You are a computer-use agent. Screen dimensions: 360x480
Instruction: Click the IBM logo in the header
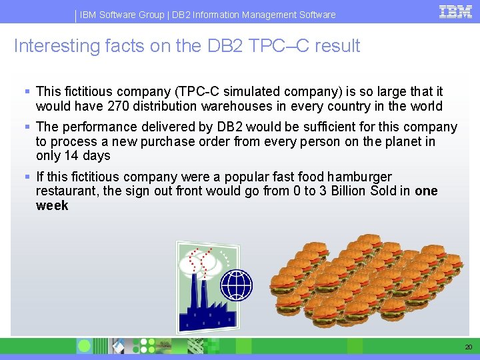point(456,11)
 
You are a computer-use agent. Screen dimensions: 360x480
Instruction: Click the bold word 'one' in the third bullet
point(426,191)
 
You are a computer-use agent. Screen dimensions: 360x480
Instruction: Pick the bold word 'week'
point(52,206)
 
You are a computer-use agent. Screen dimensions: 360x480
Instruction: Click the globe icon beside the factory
point(237,285)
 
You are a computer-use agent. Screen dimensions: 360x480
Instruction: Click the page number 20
point(468,347)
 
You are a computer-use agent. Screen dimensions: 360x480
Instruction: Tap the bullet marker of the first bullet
point(27,91)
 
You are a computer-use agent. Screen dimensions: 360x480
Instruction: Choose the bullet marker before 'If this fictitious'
point(27,177)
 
